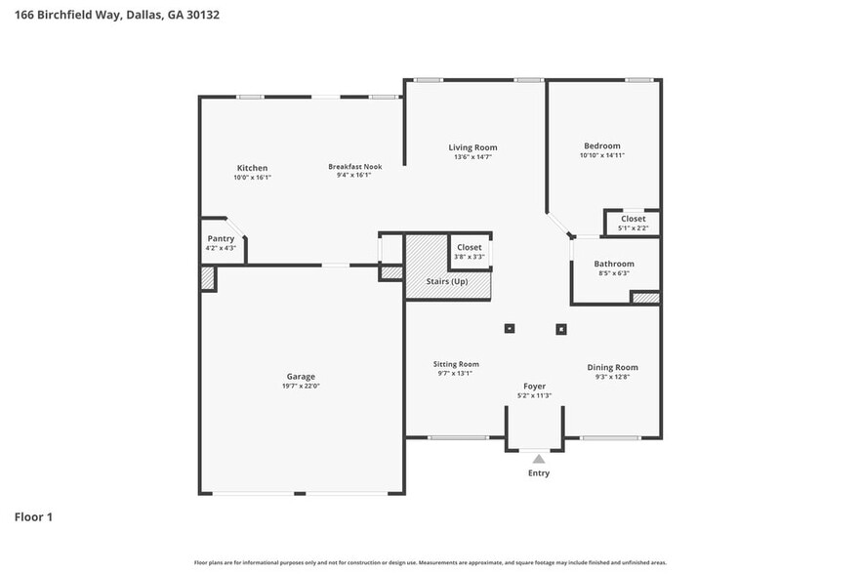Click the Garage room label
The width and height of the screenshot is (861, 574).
click(x=301, y=376)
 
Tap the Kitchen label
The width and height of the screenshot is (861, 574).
click(x=251, y=168)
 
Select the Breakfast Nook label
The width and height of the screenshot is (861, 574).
click(x=354, y=167)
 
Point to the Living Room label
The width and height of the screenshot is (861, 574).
click(x=472, y=147)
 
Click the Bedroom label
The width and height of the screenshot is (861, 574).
click(x=601, y=145)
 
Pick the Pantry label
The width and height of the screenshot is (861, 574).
click(x=221, y=239)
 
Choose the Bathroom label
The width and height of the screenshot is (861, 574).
click(x=614, y=264)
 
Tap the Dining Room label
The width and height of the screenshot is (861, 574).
click(x=612, y=367)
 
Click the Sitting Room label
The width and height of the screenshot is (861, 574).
click(x=456, y=364)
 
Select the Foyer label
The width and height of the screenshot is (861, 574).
click(x=534, y=387)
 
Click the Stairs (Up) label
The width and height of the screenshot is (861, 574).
click(x=447, y=281)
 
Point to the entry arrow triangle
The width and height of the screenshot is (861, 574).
click(x=538, y=457)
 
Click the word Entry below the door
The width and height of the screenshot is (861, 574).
click(x=539, y=473)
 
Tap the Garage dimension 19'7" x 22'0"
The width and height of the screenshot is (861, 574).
click(x=301, y=386)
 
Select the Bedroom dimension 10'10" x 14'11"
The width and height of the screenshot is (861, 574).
click(x=601, y=155)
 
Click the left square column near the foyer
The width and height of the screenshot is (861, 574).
click(x=509, y=329)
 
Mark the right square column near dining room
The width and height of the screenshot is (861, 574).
click(x=561, y=329)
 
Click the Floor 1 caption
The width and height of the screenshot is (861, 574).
click(x=33, y=516)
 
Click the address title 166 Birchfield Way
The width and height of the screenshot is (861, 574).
click(x=68, y=16)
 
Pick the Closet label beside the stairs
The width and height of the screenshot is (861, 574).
click(x=470, y=248)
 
